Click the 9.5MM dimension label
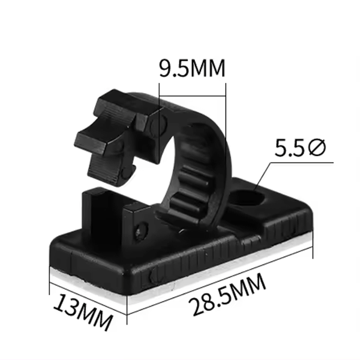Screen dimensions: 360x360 click(x=192, y=67)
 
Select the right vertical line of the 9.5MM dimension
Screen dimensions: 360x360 click(x=226, y=102)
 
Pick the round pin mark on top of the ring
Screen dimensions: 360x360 click(x=157, y=124)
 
